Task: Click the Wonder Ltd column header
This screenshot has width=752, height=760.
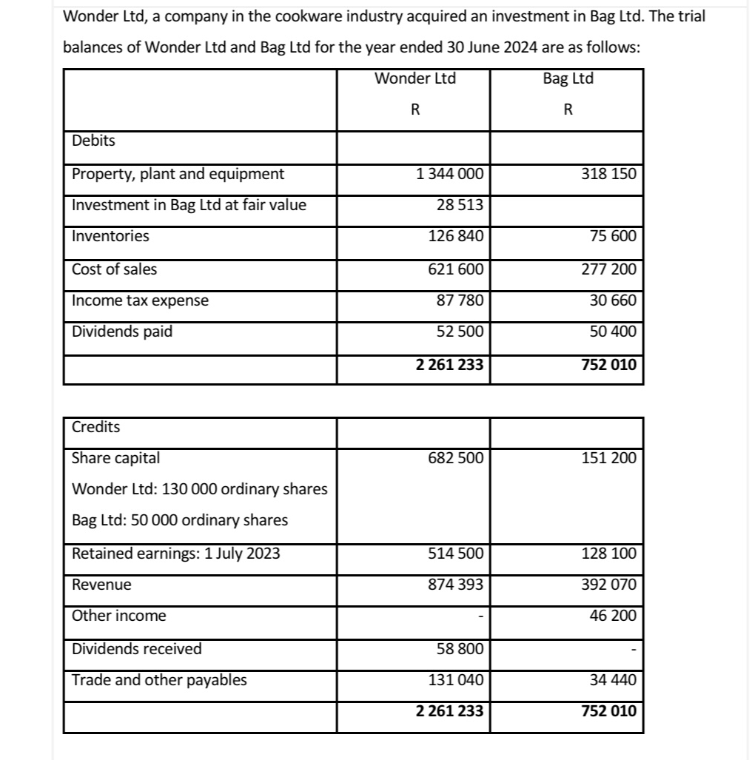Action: [x=414, y=78]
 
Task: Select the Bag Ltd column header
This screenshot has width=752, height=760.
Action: [x=568, y=78]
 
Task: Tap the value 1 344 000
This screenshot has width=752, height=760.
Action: [x=449, y=175]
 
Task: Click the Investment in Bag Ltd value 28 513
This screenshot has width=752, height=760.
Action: [x=459, y=206]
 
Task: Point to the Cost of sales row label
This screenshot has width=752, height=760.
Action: [x=115, y=269]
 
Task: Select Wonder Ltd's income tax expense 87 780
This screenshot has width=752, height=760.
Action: [x=459, y=300]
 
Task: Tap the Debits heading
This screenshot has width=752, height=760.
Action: [x=93, y=140]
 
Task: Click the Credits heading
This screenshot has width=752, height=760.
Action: [x=96, y=427]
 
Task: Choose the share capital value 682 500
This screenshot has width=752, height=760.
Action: [x=456, y=458]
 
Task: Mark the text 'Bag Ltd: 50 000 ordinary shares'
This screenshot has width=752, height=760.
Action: [x=180, y=520]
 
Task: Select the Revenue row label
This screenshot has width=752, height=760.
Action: [x=101, y=585]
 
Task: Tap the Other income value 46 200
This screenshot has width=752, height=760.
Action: [x=614, y=616]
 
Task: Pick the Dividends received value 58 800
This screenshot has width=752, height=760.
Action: [x=459, y=649]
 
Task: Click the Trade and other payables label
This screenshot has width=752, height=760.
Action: [x=159, y=680]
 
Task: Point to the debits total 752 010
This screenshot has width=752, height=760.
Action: [x=608, y=364]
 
